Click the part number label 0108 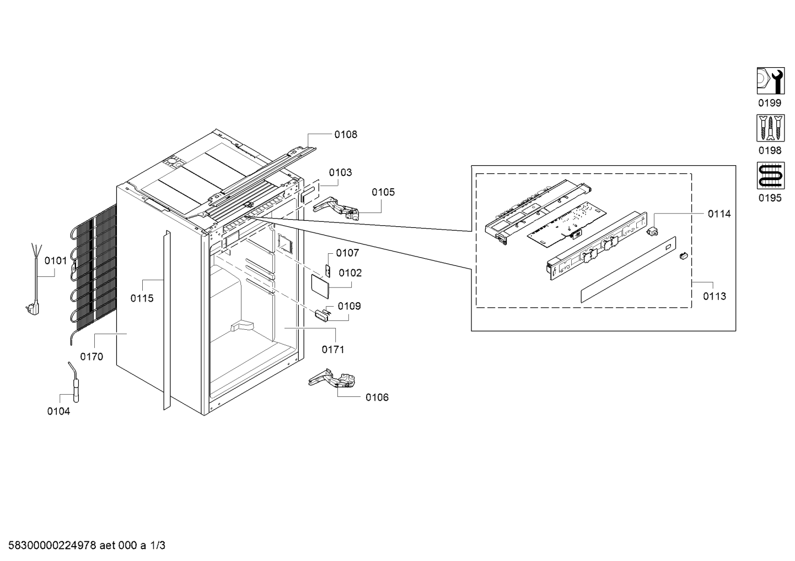346,135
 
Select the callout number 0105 383,193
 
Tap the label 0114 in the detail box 719,214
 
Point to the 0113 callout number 715,296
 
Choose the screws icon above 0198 770,128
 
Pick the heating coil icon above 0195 770,176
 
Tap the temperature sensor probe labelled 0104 74,382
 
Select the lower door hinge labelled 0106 332,379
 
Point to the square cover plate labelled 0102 320,286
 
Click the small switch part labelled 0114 652,232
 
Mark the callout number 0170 92,357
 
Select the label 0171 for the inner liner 333,350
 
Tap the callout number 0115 142,298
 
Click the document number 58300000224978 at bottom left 52,546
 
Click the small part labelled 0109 321,315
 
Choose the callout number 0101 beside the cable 56,261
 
